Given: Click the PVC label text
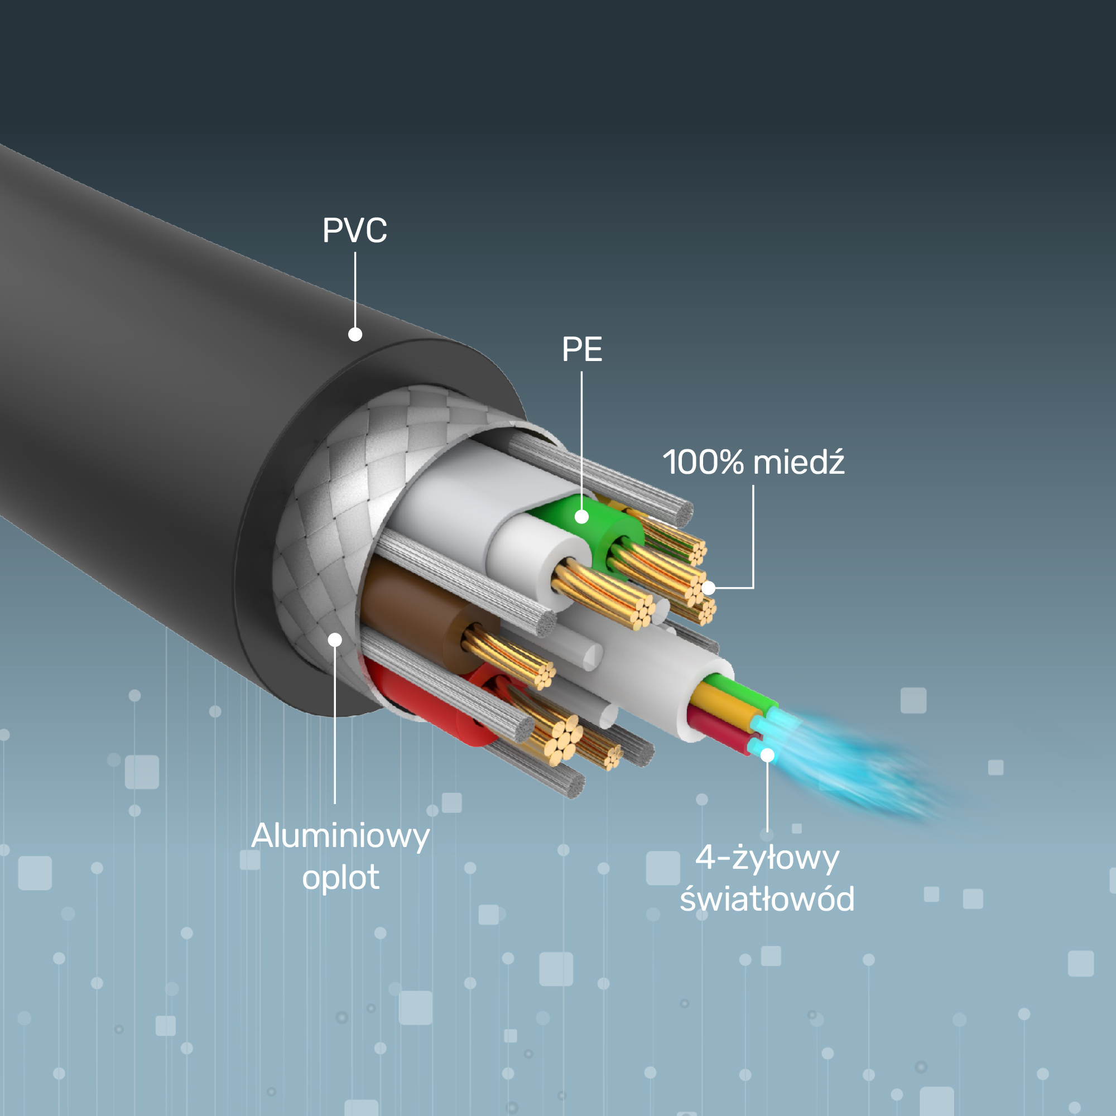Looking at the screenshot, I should pyautogui.click(x=354, y=230).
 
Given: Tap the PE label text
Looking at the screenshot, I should pyautogui.click(x=581, y=349).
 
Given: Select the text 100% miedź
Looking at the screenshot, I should pyautogui.click(x=753, y=462).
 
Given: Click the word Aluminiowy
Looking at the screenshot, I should pyautogui.click(x=340, y=836).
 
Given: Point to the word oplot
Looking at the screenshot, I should pyautogui.click(x=340, y=877).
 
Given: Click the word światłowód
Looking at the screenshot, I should pyautogui.click(x=767, y=899).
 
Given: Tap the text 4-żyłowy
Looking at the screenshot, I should pyautogui.click(x=767, y=858).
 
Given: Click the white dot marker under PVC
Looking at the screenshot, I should pyautogui.click(x=355, y=334).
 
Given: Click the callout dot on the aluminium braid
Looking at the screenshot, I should pyautogui.click(x=335, y=639).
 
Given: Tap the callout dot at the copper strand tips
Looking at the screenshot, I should pyautogui.click(x=709, y=588).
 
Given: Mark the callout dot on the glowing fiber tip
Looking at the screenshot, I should pyautogui.click(x=767, y=755).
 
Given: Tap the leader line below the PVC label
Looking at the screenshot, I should pyautogui.click(x=355, y=289).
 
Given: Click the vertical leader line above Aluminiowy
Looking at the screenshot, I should pyautogui.click(x=335, y=722).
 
